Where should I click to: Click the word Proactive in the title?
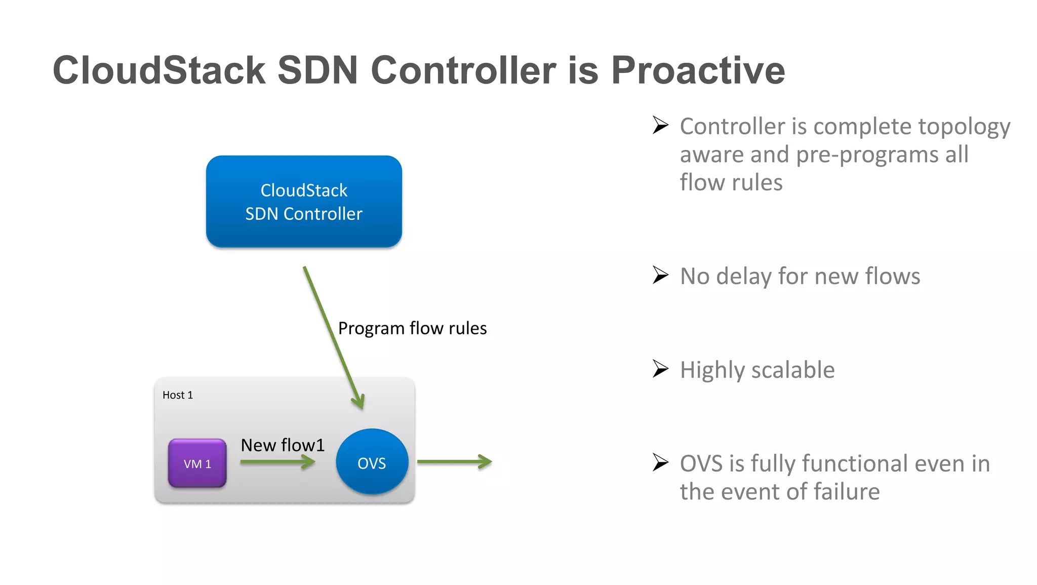tap(698, 70)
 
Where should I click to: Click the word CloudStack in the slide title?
tap(159, 70)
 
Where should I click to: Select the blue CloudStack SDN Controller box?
tap(304, 202)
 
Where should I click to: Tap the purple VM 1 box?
tap(197, 463)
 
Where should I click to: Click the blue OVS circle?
tap(372, 462)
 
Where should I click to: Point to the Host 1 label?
tap(178, 395)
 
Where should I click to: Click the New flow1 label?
tap(282, 445)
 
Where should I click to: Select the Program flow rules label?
tap(412, 328)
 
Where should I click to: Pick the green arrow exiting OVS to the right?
tap(454, 461)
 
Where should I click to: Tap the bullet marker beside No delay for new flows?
tap(660, 275)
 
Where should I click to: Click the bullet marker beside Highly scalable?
tap(660, 369)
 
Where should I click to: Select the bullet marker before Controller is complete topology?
tap(660, 125)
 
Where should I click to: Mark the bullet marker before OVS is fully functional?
tap(660, 462)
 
